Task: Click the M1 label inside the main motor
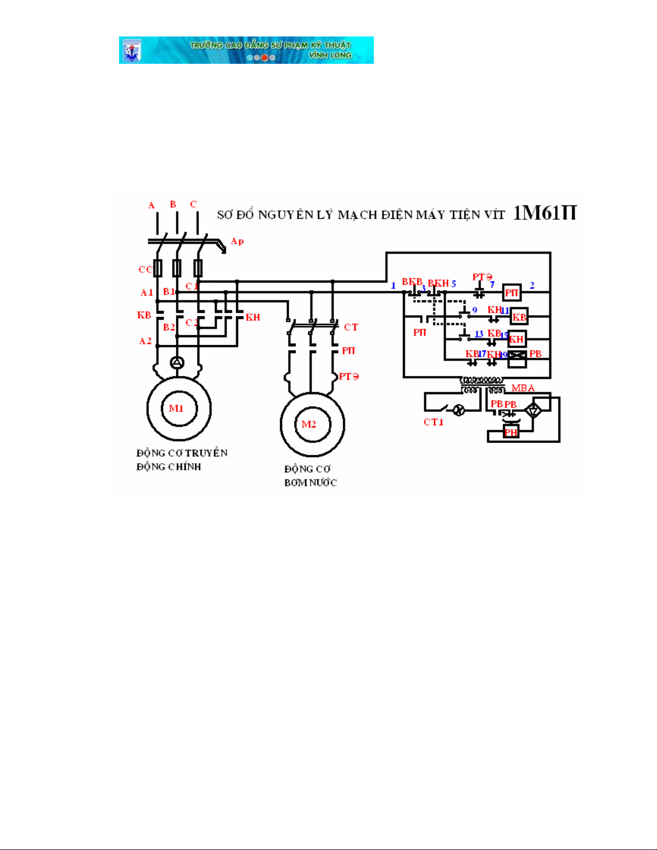click(176, 409)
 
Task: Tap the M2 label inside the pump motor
click(309, 425)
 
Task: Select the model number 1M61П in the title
click(544, 213)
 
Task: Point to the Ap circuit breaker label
click(237, 241)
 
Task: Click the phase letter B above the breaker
click(173, 204)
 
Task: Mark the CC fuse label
click(145, 269)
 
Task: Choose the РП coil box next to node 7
click(512, 292)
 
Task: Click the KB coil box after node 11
click(519, 317)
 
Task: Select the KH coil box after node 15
click(516, 339)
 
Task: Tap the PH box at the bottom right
click(511, 432)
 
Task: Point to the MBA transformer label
click(523, 388)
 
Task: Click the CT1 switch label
click(433, 422)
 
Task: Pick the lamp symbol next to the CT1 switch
click(459, 411)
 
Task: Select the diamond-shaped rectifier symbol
click(533, 411)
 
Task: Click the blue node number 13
click(479, 334)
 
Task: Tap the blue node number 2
click(532, 285)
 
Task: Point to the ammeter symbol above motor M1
click(177, 363)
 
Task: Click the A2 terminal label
click(145, 341)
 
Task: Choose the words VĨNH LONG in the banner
click(330, 55)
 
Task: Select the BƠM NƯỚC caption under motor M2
click(311, 483)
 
